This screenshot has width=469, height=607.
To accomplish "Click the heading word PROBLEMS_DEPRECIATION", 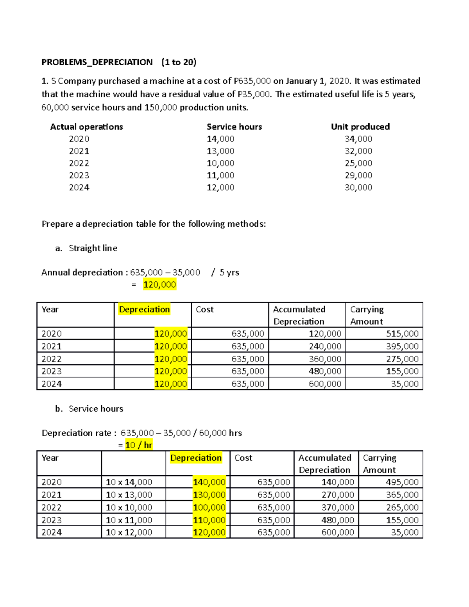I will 97,62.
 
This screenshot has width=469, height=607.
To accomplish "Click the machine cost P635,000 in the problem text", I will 252,81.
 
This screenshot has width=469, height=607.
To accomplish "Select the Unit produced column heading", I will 360,127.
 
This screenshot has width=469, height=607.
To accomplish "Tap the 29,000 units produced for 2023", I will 358,175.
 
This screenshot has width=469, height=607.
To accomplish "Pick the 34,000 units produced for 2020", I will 358,139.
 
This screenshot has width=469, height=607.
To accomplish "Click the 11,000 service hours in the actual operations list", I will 220,175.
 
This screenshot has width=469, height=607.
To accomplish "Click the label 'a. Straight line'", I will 86,248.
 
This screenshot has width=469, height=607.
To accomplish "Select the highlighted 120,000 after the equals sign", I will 159,285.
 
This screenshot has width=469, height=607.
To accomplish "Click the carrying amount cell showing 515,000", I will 402,334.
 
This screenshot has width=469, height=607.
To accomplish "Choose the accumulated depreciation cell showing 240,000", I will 325,346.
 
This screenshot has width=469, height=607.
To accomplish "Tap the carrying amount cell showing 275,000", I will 402,359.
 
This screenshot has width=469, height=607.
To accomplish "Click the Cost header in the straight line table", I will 205,310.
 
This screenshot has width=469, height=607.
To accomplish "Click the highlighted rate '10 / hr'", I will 139,445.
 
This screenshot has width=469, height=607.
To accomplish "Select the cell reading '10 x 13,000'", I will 129,495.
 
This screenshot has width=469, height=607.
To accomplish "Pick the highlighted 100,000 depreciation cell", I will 209,507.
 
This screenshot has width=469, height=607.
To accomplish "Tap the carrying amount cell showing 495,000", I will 402,482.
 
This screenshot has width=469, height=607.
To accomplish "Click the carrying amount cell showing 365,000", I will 402,495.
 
